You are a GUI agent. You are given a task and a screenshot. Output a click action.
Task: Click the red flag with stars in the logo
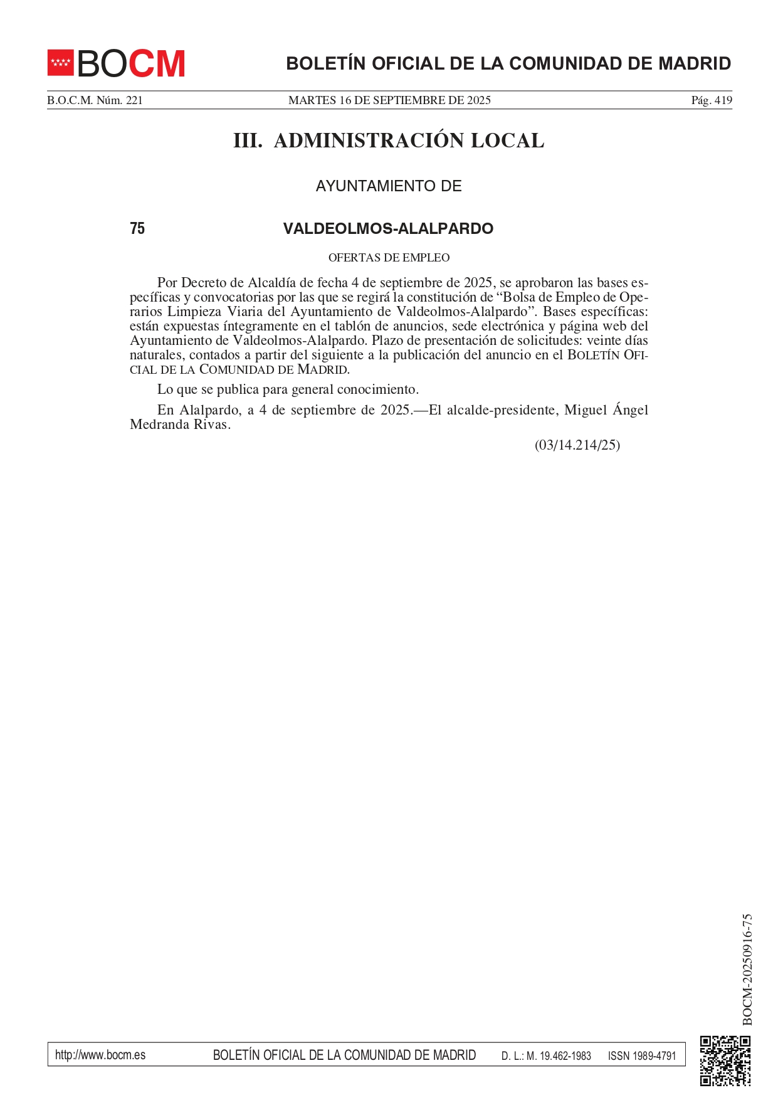point(61,63)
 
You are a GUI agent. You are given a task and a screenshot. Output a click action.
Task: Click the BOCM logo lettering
point(131,63)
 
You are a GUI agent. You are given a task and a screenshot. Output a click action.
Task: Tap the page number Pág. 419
point(711,100)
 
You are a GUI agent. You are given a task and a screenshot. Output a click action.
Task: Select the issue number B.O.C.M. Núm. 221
point(95,100)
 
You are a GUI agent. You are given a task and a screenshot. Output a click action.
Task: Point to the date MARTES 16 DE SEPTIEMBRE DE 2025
point(389,100)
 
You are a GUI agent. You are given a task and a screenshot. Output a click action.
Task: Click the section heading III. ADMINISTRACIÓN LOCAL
point(389,140)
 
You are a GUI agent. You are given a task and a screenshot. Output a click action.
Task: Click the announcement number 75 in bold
point(137,229)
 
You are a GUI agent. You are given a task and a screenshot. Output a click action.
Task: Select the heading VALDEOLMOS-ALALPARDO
point(388,229)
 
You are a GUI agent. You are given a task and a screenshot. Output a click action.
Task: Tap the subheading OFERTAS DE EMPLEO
point(389,258)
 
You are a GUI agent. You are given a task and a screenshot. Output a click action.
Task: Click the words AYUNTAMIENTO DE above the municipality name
point(389,186)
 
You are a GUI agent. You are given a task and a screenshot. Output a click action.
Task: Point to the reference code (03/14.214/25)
point(577,445)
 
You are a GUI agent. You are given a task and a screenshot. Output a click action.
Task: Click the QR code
point(725,1060)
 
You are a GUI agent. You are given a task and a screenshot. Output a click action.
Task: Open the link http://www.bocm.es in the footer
point(100,1055)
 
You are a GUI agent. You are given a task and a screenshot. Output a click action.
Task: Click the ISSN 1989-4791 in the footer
point(642,1055)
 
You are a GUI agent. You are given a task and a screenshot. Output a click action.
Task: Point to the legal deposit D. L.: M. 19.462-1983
point(546,1055)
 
